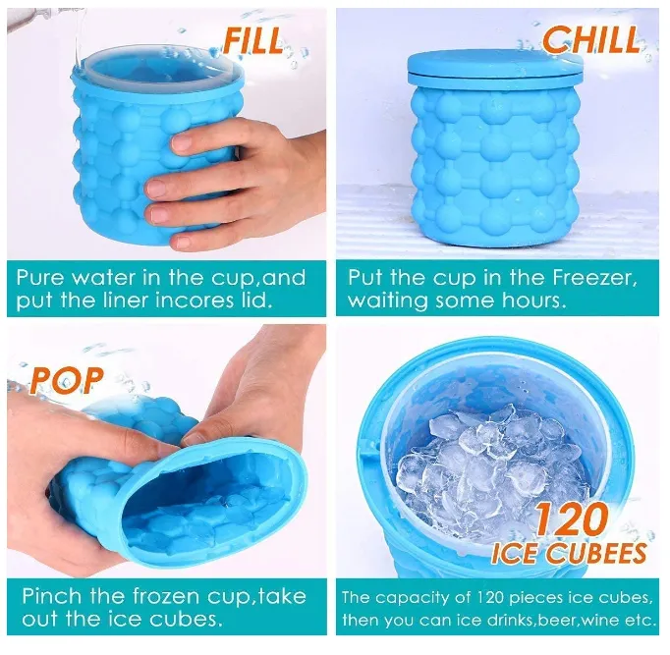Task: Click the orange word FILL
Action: tap(253, 40)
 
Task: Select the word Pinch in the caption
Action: tap(49, 596)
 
